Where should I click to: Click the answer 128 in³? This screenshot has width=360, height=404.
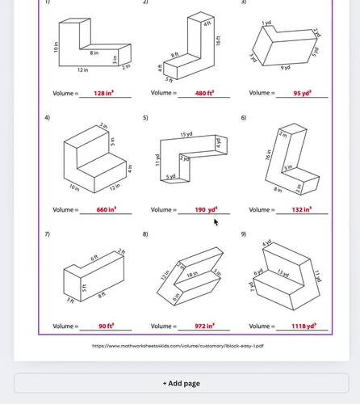(x=103, y=94)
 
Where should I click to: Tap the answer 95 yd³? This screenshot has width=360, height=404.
(x=302, y=94)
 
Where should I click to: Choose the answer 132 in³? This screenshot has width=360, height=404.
(x=302, y=210)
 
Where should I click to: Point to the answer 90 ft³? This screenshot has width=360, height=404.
(x=105, y=326)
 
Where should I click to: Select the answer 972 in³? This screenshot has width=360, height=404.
(x=204, y=326)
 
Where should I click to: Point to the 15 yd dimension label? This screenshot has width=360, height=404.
(x=186, y=134)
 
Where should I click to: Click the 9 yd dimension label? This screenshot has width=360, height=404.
(x=286, y=68)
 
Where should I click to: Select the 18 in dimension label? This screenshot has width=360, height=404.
(x=191, y=276)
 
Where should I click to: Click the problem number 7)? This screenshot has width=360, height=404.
(x=48, y=234)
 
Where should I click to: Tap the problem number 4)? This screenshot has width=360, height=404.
(x=48, y=118)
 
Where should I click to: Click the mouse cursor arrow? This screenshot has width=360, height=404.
(x=216, y=221)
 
